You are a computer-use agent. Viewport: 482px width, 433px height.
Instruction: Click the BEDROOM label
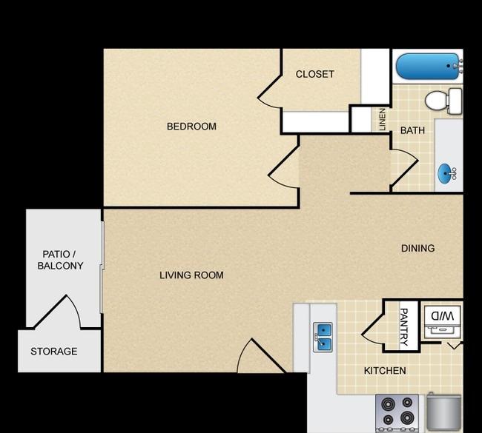[191, 126]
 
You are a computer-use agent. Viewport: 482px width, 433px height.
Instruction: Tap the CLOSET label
[314, 74]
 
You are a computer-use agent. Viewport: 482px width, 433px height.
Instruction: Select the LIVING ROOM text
[191, 275]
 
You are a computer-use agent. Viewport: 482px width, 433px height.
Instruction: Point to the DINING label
[417, 248]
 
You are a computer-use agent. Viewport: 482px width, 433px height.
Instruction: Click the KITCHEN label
[385, 371]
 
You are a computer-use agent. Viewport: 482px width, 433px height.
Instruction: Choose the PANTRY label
[403, 327]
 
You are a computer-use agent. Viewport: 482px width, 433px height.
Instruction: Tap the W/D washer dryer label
[443, 316]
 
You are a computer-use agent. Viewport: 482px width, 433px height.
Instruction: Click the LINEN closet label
[382, 119]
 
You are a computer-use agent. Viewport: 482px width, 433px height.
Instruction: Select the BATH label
[412, 130]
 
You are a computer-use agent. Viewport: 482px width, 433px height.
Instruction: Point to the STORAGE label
[54, 351]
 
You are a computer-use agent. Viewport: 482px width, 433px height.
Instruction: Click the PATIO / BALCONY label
[60, 260]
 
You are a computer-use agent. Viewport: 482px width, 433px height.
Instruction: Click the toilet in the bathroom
[443, 101]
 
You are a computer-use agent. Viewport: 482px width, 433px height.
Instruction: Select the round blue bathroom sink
[446, 173]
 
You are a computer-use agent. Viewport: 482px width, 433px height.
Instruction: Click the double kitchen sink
[323, 337]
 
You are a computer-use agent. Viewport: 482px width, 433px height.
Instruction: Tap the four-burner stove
[397, 412]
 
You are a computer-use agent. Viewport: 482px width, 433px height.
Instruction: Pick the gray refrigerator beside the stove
[444, 411]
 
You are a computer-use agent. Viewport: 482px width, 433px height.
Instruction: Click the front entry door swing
[261, 356]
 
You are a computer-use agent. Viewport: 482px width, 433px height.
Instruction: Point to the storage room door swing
[58, 312]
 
